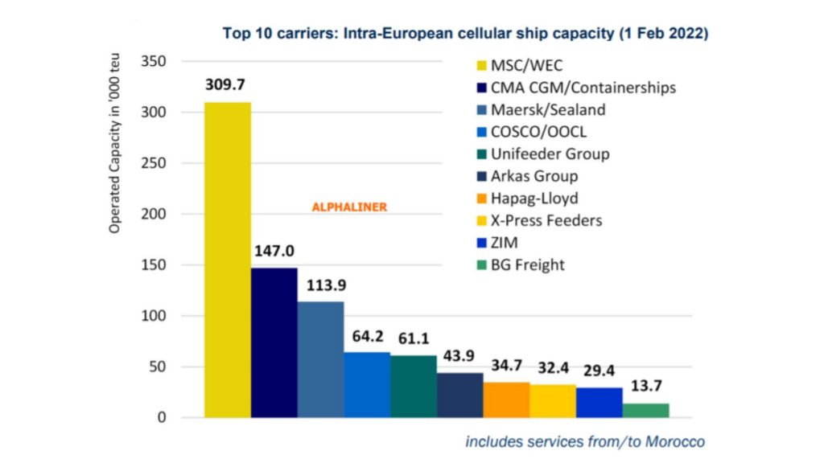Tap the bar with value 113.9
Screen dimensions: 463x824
click(x=320, y=359)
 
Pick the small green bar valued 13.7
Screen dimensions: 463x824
click(x=645, y=410)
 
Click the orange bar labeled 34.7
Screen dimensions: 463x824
click(x=506, y=399)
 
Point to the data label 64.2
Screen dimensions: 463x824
click(x=367, y=339)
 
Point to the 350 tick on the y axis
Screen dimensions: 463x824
click(x=154, y=62)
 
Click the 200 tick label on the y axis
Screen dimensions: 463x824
click(x=154, y=215)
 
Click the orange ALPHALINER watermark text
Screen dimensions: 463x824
click(x=349, y=207)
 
